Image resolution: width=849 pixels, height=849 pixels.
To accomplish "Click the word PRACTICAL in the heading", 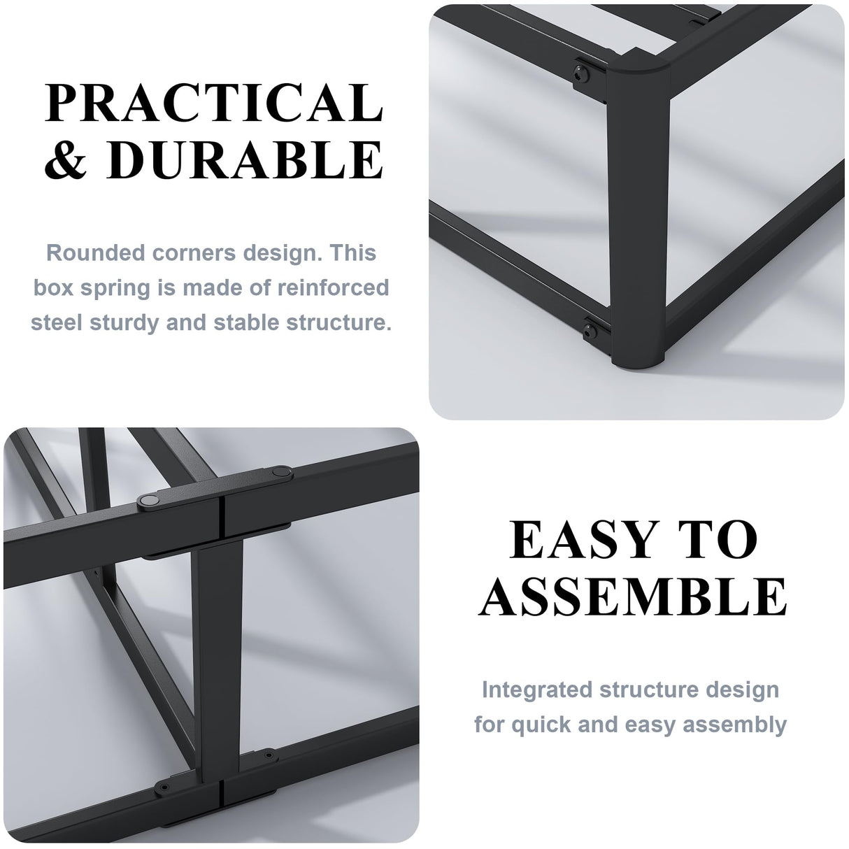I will coord(213,104).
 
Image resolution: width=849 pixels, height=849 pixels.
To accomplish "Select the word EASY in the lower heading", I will coord(580,540).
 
